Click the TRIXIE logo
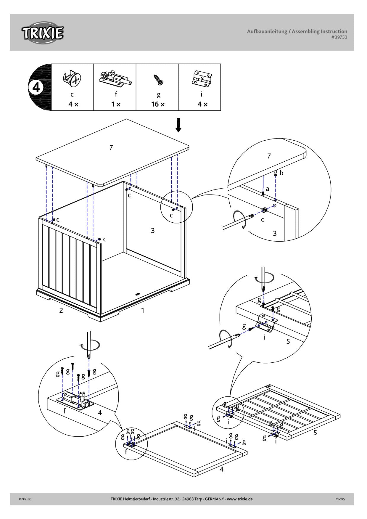pos(42,33)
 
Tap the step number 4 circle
pos(36,87)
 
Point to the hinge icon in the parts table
pos(201,78)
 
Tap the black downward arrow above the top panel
pos(178,125)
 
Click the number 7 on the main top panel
pos(111,147)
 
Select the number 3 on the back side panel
pos(153,230)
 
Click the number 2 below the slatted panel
pos(61,310)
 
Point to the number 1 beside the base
pos(143,310)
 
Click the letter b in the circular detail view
pos(281,173)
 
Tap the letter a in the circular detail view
pos(268,189)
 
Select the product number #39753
pos(339,37)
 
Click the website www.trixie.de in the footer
pos(240,499)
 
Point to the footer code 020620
pos(25,499)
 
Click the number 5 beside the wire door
pos(315,433)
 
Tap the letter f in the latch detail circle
pos(65,411)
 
